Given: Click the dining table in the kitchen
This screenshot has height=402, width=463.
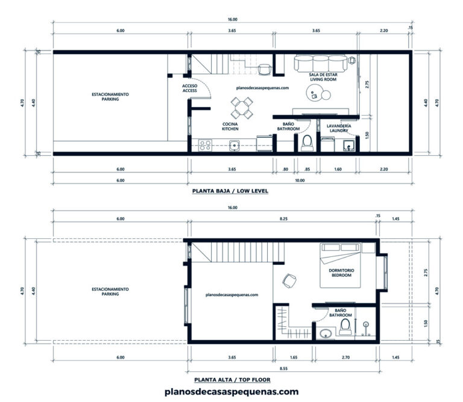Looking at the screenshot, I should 241,110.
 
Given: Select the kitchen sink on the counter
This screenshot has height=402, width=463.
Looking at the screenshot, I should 234,144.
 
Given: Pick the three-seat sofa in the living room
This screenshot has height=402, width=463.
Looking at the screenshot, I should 320,62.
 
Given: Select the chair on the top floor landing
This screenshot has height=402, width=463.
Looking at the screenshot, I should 289,280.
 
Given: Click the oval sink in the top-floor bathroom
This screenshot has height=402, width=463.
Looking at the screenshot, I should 326,333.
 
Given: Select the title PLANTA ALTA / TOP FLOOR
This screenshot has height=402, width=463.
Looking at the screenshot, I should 232,380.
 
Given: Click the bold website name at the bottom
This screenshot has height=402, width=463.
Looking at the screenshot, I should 231,392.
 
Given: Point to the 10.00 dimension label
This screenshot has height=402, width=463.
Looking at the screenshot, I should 300,180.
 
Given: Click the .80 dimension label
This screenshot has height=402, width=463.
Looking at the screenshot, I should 285,169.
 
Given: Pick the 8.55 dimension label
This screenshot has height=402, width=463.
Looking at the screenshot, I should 282,367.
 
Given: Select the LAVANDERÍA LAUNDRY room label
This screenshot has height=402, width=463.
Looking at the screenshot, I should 338,128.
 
